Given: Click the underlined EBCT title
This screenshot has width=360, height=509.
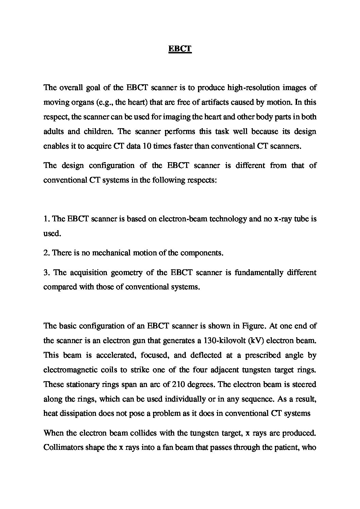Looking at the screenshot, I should click(x=180, y=49).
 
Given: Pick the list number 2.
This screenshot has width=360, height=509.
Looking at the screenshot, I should click(x=46, y=253).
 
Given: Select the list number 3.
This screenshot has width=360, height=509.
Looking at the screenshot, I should click(x=46, y=272).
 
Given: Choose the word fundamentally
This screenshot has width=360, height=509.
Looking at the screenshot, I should click(x=257, y=272).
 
